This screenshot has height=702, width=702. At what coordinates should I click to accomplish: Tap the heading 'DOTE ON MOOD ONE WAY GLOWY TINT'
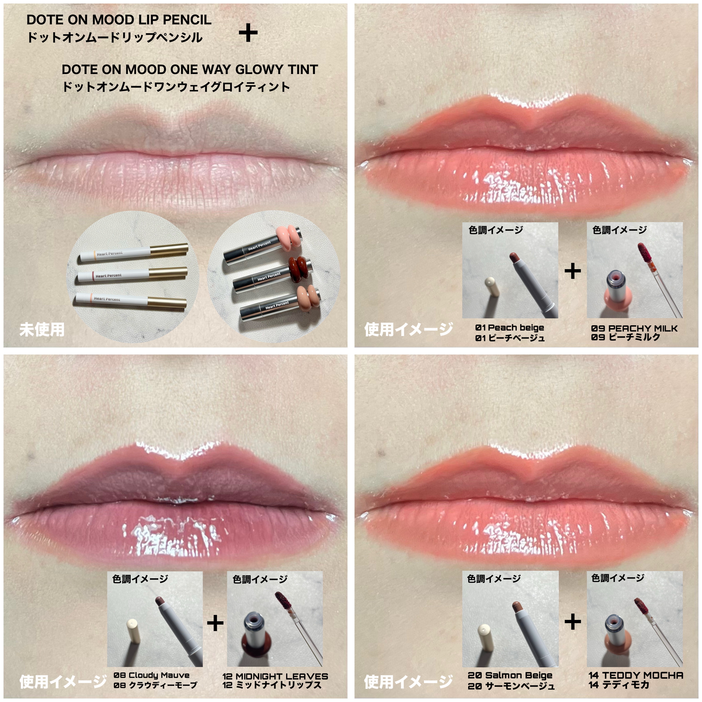tap(190, 69)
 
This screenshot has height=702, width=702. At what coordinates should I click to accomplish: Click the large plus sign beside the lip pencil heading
tap(248, 33)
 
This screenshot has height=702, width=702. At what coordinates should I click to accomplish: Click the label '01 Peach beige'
tap(509, 327)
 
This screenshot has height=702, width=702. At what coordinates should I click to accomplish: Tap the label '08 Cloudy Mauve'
tap(152, 675)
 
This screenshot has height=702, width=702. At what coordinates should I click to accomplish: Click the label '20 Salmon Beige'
tap(510, 675)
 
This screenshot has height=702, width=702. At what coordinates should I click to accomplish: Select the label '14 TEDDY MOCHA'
tap(636, 675)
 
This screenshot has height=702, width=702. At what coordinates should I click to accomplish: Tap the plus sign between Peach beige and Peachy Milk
tap(573, 271)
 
